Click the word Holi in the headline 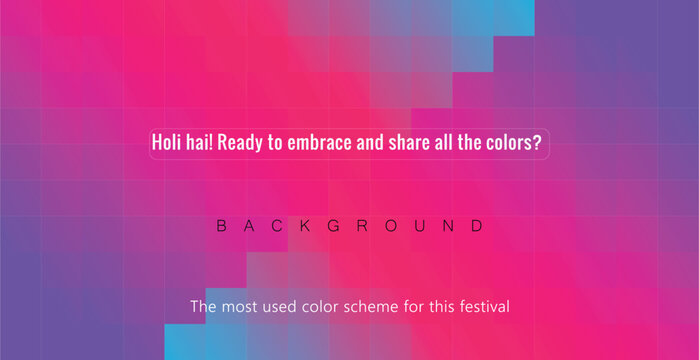pyautogui.click(x=166, y=143)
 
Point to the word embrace pyautogui.click(x=319, y=143)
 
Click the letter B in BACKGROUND pyautogui.click(x=222, y=226)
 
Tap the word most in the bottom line pyautogui.click(x=238, y=306)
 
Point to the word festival pyautogui.click(x=482, y=306)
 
